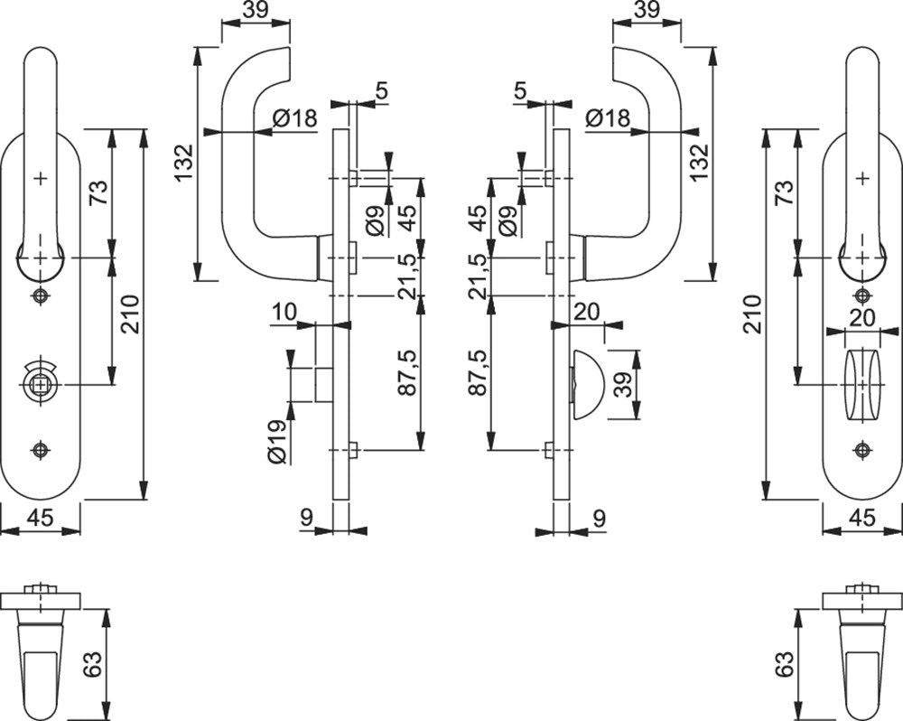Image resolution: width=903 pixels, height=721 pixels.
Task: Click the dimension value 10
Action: pyautogui.click(x=284, y=313)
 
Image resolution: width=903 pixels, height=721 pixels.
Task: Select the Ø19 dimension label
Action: pyautogui.click(x=277, y=442)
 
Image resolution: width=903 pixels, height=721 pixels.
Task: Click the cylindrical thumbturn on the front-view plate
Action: pyautogui.click(x=862, y=385)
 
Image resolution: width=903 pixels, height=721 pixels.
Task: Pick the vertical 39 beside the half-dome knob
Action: pyautogui.click(x=622, y=384)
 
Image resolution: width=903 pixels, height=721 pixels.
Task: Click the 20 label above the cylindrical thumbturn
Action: pyautogui.click(x=862, y=317)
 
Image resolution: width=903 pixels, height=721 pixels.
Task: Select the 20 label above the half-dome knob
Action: pyautogui.click(x=587, y=312)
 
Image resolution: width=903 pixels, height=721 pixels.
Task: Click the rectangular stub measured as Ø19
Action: pyautogui.click(x=324, y=384)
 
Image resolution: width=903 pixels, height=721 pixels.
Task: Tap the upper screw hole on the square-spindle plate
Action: pyautogui.click(x=41, y=295)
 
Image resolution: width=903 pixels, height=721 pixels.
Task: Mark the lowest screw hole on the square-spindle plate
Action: pyautogui.click(x=41, y=450)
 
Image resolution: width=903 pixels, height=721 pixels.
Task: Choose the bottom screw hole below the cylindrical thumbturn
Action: pyautogui.click(x=862, y=450)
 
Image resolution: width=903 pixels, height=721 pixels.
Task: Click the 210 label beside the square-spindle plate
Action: pyautogui.click(x=130, y=314)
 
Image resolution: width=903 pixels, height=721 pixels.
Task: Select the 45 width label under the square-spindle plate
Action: pyautogui.click(x=41, y=518)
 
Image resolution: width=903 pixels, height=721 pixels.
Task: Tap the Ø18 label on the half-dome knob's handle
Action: pyautogui.click(x=608, y=118)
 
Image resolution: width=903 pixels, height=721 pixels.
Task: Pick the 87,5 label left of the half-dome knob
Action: pyautogui.click(x=479, y=372)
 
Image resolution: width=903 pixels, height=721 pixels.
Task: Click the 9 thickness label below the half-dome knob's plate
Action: pyautogui.click(x=600, y=519)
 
